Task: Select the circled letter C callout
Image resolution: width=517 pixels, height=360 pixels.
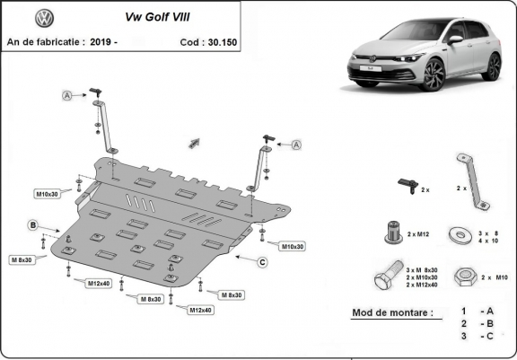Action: (x=261, y=262)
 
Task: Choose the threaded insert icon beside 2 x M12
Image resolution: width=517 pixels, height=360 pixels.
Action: (x=391, y=231)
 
